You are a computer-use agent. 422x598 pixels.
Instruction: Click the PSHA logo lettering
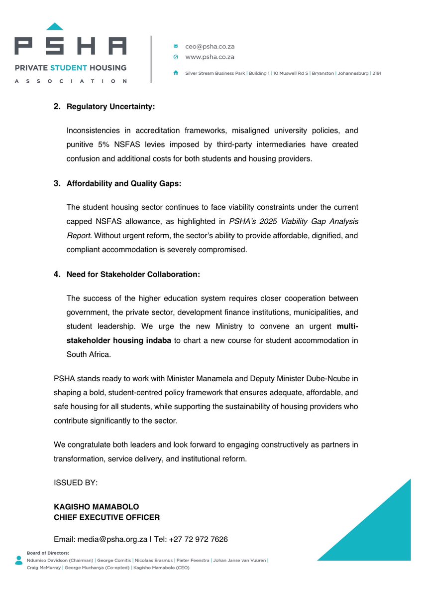tap(70, 46)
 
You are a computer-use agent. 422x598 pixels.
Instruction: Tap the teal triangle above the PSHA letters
tap(55, 26)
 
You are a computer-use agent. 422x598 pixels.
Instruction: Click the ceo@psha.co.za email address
tap(210, 46)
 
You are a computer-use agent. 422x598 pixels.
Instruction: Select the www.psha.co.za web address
tap(210, 57)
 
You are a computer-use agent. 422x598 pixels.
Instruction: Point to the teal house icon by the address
tap(176, 73)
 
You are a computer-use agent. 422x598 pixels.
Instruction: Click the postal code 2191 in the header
tap(376, 73)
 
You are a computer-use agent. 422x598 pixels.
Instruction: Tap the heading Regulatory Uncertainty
tap(110, 107)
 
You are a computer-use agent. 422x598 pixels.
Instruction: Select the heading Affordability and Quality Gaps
tap(124, 184)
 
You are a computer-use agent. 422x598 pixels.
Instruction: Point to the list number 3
tap(57, 184)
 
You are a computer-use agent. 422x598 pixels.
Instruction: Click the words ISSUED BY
tap(76, 483)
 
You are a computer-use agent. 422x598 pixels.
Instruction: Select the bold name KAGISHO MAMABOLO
tap(97, 507)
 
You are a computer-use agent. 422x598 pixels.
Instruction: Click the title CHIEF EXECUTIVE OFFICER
tap(106, 518)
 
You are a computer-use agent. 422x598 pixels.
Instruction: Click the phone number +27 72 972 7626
tap(199, 540)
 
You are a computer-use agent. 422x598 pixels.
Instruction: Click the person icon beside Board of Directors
tap(19, 560)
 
